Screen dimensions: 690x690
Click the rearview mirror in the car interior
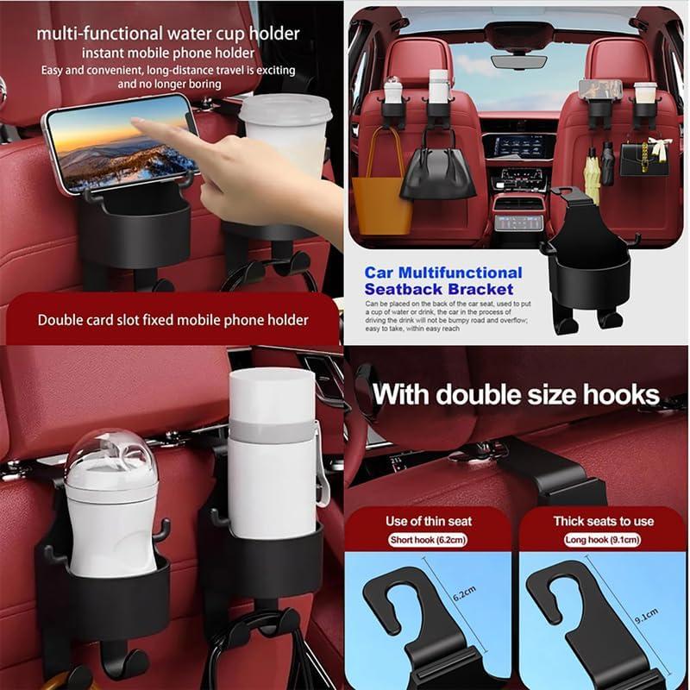[517, 61]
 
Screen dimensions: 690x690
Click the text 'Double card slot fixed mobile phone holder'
[172, 320]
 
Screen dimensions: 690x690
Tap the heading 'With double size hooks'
[516, 396]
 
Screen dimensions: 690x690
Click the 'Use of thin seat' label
[429, 521]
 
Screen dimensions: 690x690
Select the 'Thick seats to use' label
[603, 521]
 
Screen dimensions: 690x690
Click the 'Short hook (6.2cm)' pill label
[429, 540]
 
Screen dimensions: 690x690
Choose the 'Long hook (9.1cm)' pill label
[603, 540]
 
